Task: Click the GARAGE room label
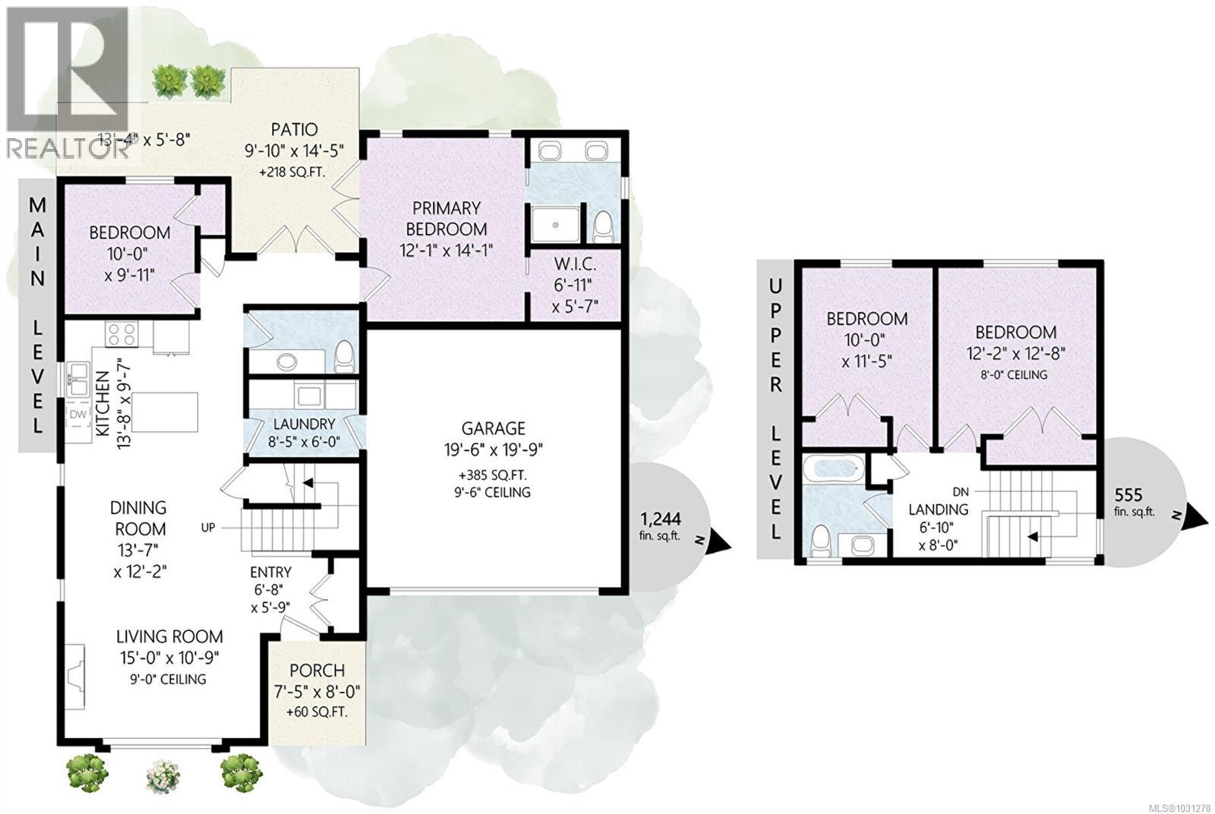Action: pos(494,428)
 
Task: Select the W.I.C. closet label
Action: pos(575,265)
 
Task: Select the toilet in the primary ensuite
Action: pos(604,226)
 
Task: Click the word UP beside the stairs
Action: pos(210,526)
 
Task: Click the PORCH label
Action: pos(317,670)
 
